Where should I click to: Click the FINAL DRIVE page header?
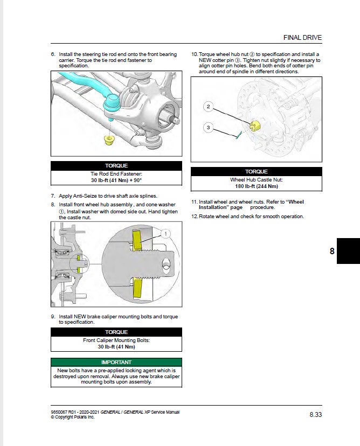tap(302, 38)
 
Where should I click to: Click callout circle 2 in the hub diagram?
tap(209, 107)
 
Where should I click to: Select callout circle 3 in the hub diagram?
tap(209, 128)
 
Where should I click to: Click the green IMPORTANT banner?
tap(116, 363)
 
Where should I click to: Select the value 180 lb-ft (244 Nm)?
tap(256, 186)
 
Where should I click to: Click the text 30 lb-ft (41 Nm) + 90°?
tap(116, 181)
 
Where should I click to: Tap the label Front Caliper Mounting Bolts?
tap(116, 340)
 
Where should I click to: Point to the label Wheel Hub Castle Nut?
tap(256, 179)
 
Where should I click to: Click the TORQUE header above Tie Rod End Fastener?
tap(116, 166)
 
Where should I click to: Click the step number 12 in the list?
tap(195, 217)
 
